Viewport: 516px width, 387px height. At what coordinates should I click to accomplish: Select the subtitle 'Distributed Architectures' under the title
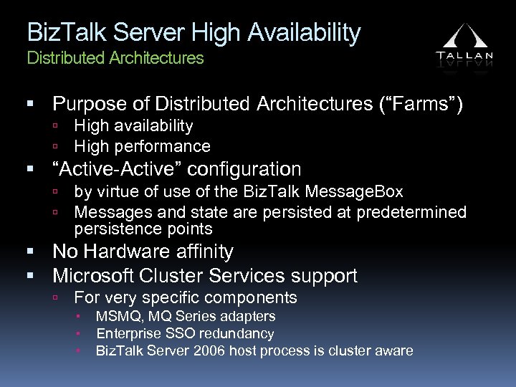click(x=115, y=57)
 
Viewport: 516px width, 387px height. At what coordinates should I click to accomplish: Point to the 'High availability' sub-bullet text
click(x=133, y=126)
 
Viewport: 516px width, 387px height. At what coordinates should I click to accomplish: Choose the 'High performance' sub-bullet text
click(x=142, y=147)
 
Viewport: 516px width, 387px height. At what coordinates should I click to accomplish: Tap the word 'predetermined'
click(x=416, y=212)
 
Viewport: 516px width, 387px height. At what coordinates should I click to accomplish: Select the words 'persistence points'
click(x=143, y=229)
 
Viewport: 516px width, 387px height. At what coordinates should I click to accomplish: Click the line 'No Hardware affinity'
click(x=143, y=252)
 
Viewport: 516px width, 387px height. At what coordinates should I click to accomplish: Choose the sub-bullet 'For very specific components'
click(x=186, y=297)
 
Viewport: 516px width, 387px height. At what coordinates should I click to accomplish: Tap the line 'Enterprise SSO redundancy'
click(x=185, y=333)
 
